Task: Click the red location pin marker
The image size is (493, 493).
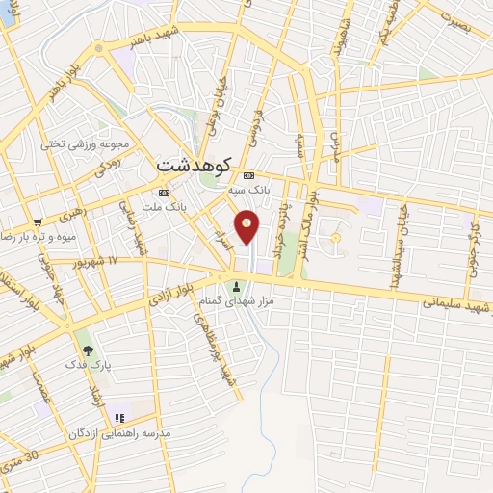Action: click(x=247, y=227)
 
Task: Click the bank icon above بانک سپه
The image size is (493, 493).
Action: click(x=248, y=175)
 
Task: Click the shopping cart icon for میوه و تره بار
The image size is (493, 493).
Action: click(x=38, y=221)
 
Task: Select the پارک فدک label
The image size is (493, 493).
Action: click(x=84, y=366)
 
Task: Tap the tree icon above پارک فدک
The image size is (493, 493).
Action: click(x=88, y=350)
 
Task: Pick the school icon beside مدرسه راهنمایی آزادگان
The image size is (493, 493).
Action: click(x=120, y=419)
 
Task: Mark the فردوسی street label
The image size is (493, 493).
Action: click(x=257, y=125)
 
